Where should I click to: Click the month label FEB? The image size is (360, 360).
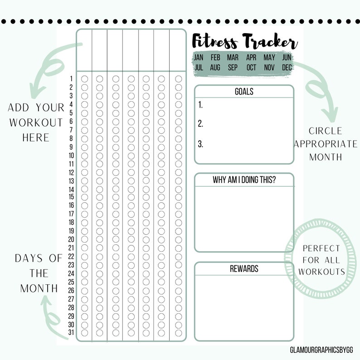215,58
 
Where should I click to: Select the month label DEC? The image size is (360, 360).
287,68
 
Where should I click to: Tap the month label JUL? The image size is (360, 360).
198,68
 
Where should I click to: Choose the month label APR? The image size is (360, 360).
251,58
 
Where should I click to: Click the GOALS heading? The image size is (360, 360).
244,92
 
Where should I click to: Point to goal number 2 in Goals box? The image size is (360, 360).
200,124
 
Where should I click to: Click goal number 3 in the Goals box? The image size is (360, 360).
200,145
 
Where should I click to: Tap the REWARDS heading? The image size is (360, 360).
244,269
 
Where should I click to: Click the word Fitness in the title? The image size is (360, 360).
214,42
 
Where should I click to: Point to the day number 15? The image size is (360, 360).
71,197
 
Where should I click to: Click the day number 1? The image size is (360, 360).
71,78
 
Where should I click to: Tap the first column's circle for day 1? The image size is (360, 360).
84,79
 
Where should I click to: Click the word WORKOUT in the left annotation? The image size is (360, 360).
36,122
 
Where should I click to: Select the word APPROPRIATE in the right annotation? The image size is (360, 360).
326,144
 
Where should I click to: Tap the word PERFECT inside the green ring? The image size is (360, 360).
321,248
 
